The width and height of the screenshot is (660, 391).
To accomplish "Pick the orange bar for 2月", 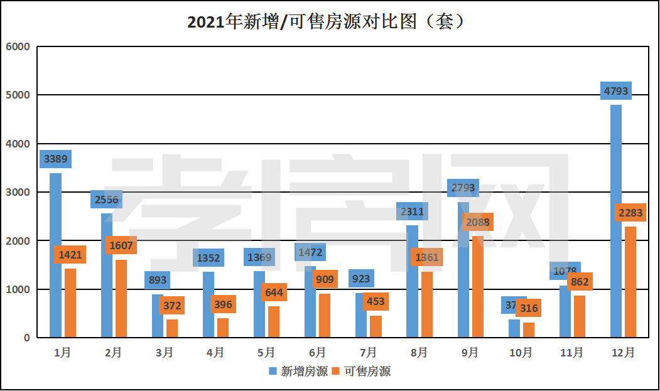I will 121,299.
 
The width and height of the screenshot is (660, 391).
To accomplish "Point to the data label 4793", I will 616,91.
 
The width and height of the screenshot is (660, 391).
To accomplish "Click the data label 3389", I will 55,159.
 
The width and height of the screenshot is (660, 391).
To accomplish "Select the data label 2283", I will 630,213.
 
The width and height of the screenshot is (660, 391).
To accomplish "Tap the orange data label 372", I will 171,306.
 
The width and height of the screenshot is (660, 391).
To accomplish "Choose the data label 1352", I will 208,258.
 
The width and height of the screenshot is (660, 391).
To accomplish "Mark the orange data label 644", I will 274,292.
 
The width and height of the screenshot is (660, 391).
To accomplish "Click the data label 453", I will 376,302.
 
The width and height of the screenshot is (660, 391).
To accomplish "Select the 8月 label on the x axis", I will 419,353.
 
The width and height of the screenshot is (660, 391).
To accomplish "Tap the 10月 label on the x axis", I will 521,353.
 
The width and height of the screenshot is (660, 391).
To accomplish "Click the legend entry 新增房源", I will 298,372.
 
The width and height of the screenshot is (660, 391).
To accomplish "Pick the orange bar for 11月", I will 580,316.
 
